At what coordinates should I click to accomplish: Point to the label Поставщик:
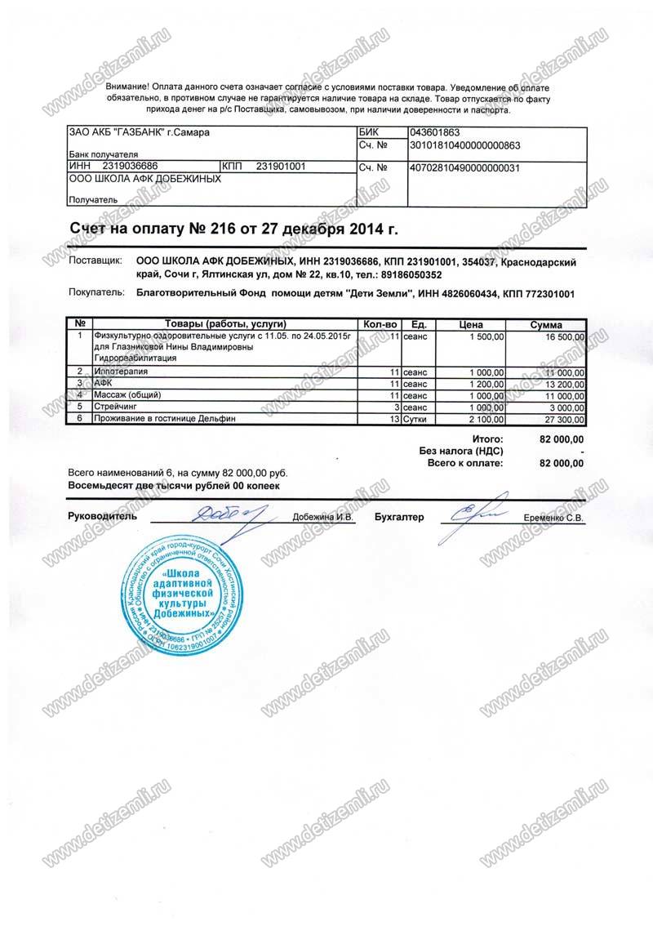pos(96,261)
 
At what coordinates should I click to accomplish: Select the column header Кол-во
pos(380,324)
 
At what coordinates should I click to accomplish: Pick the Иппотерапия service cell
pos(123,372)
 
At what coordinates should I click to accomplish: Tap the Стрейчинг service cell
pos(118,407)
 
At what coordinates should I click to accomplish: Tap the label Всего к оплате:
pos(465,463)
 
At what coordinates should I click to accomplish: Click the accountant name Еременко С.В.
pos(553,518)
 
